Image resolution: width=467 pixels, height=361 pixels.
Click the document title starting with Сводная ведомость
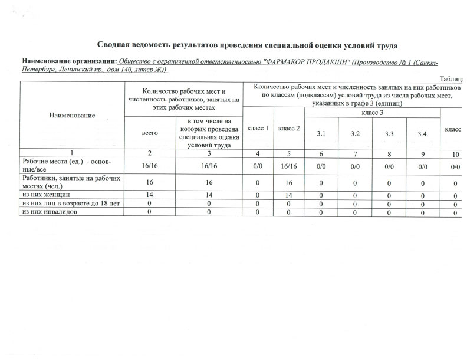pyautogui.click(x=248, y=45)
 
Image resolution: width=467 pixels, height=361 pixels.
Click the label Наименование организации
pyautogui.click(x=70, y=61)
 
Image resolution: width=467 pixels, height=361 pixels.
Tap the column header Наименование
pyautogui.click(x=72, y=114)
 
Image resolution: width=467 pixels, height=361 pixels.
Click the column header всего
pyautogui.click(x=150, y=133)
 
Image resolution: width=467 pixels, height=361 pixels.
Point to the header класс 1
pyautogui.click(x=258, y=128)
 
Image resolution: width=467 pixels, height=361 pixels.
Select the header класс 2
pyautogui.click(x=289, y=128)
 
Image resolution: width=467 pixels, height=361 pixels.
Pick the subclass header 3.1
pyautogui.click(x=321, y=134)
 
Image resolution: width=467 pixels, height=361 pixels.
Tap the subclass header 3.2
pyautogui.click(x=355, y=134)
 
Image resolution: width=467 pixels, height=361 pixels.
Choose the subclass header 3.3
pyautogui.click(x=389, y=134)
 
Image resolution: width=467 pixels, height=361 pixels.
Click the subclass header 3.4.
pyautogui.click(x=423, y=134)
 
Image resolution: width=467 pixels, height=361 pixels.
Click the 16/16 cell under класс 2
pyautogui.click(x=289, y=166)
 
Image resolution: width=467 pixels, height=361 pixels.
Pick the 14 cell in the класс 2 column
pyautogui.click(x=289, y=193)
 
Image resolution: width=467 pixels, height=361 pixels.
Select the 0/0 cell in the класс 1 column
pyautogui.click(x=258, y=166)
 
